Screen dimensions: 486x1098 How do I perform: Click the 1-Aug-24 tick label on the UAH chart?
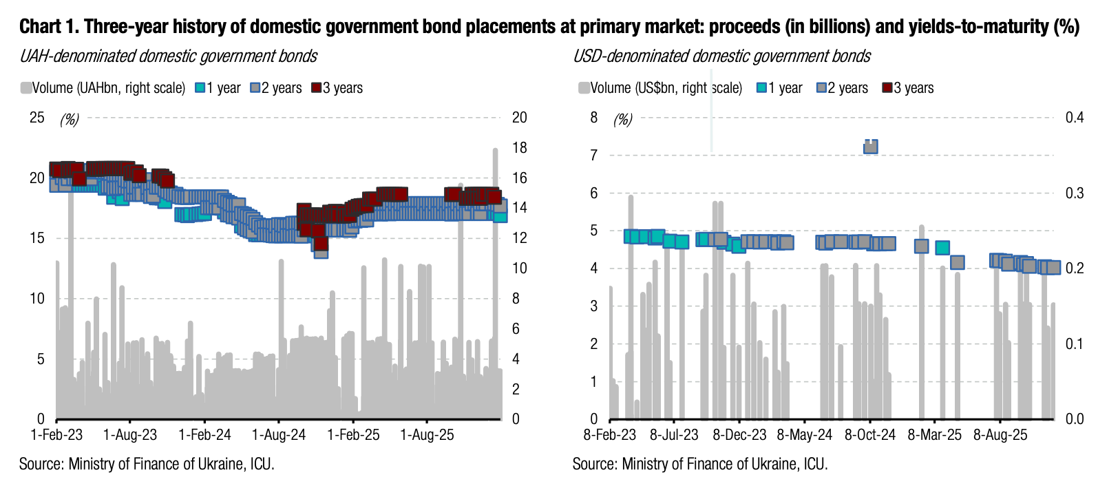pyautogui.click(x=279, y=435)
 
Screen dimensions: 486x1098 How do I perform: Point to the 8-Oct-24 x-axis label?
pyautogui.click(x=870, y=435)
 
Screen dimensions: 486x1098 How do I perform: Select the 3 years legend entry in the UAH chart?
pyautogui.click(x=337, y=88)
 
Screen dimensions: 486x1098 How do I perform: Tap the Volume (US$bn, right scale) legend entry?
pyautogui.click(x=660, y=88)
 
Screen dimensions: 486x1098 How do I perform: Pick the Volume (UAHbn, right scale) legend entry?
pyautogui.click(x=103, y=88)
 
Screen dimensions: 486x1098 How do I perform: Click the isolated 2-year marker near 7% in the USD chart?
pyautogui.click(x=870, y=146)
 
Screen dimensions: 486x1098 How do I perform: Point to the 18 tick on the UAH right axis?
pyautogui.click(x=520, y=148)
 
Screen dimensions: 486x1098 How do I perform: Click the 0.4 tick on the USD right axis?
pyautogui.click(x=1075, y=118)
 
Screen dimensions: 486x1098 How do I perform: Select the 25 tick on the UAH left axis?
pyautogui.click(x=36, y=118)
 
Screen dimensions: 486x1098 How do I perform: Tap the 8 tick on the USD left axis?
pyautogui.click(x=593, y=118)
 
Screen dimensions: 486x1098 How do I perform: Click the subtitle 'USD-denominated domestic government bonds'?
pyautogui.click(x=721, y=56)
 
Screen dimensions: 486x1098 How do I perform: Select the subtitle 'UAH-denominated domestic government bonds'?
pyautogui.click(x=169, y=56)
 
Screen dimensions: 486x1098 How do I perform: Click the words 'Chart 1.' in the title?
pyautogui.click(x=49, y=27)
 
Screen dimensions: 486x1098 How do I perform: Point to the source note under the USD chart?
pyautogui.click(x=699, y=464)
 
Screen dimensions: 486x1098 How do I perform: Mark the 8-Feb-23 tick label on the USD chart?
pyautogui.click(x=610, y=435)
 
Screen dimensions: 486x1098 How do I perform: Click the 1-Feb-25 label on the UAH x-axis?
pyautogui.click(x=353, y=435)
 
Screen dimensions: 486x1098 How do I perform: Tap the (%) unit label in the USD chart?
pyautogui.click(x=622, y=120)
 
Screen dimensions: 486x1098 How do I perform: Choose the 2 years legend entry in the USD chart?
pyautogui.click(x=842, y=88)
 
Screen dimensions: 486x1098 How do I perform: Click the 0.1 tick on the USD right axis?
pyautogui.click(x=1075, y=344)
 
